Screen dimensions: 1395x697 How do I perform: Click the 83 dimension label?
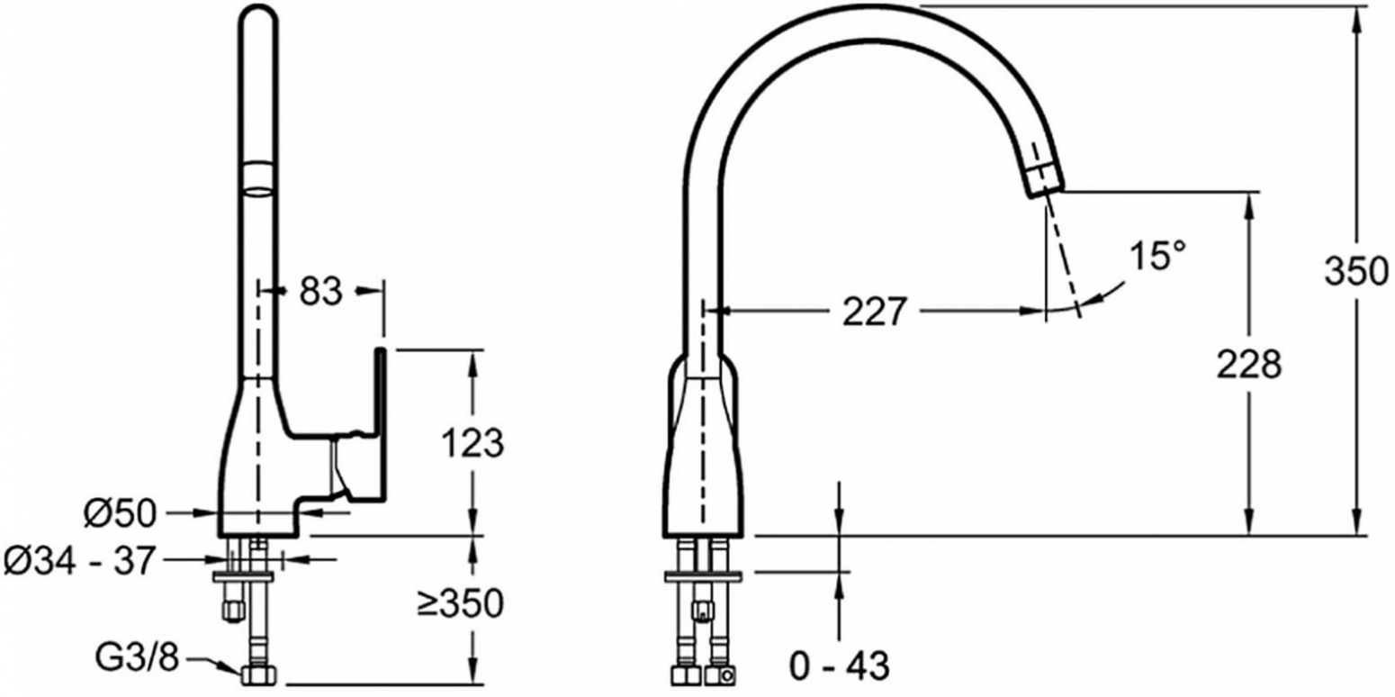pos(320,291)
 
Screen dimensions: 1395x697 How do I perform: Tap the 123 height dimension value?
pos(472,443)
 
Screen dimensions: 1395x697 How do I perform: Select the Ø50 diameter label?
pos(121,514)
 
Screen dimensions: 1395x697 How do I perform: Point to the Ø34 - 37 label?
pos(78,561)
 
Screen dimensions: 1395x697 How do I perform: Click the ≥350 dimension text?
pos(461,603)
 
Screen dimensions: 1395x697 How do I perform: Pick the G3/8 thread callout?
pos(137,656)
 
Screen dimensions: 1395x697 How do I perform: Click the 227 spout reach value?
pos(873,312)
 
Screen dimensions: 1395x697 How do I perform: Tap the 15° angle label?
pos(1157,256)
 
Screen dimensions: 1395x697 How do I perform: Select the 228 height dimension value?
pos(1249,365)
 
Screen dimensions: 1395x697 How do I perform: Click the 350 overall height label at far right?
pos(1356,272)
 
